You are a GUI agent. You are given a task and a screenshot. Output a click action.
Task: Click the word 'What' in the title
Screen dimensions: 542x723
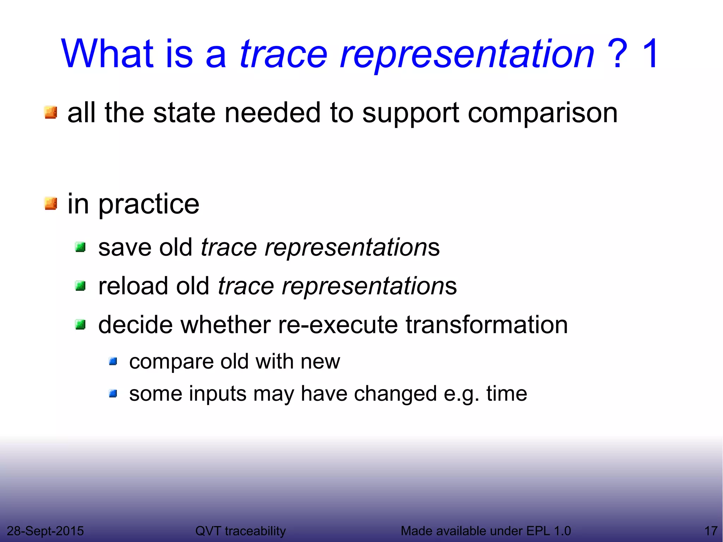[x=108, y=54]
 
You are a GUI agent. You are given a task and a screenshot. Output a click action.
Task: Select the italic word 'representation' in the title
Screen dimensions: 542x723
[x=467, y=55]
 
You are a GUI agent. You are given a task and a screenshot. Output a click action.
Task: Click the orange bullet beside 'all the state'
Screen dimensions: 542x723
[x=51, y=113]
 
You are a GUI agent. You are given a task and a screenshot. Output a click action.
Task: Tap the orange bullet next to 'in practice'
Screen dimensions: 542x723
[x=51, y=203]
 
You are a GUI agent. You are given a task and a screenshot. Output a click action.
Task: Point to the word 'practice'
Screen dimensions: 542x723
[x=149, y=205]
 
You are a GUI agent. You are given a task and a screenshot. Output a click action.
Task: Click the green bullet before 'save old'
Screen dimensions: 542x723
[x=80, y=247]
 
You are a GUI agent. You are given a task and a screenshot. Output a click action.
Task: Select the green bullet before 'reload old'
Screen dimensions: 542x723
[x=80, y=286]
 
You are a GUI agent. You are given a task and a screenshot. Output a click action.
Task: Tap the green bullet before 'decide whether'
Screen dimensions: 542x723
[x=80, y=324]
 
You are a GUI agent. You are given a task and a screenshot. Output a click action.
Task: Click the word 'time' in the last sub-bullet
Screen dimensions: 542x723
[x=507, y=393]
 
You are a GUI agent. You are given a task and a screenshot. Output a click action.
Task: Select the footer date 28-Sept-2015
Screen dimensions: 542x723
[x=45, y=531]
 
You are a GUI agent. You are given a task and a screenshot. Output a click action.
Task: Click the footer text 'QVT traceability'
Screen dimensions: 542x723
[x=240, y=531]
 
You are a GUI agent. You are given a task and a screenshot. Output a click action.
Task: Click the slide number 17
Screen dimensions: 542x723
[x=711, y=531]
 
